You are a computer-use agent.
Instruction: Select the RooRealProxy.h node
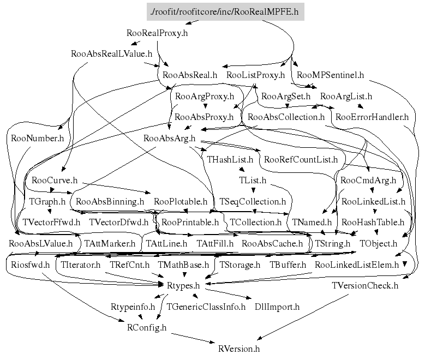157,33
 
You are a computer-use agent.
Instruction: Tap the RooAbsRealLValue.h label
111,54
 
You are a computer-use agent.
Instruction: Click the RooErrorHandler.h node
372,117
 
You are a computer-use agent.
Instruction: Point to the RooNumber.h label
37,138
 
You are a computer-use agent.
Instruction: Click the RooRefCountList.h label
301,160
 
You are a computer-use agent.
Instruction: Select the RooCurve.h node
55,180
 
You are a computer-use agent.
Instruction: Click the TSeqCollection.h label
253,201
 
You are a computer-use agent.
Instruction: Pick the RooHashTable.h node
373,222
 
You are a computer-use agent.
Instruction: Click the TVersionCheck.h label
365,285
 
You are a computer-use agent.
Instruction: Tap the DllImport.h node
277,307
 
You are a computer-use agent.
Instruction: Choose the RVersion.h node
238,349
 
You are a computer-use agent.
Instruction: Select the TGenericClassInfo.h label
206,307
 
